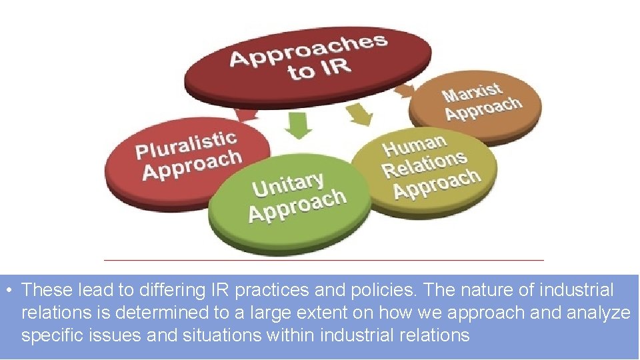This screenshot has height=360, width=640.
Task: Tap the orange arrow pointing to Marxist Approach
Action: (x=404, y=88)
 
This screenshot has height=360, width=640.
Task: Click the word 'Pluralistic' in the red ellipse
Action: (x=186, y=145)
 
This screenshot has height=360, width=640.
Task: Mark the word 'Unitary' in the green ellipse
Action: (x=288, y=184)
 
